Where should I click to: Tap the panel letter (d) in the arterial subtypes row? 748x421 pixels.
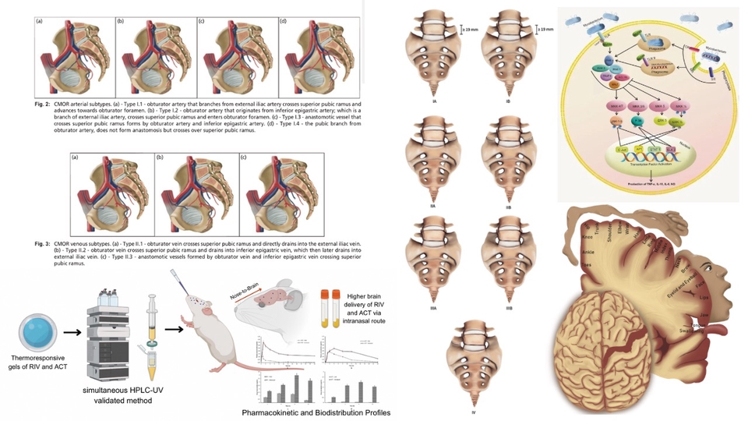(283, 21)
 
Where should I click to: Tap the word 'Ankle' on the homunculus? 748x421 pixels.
(588, 251)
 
